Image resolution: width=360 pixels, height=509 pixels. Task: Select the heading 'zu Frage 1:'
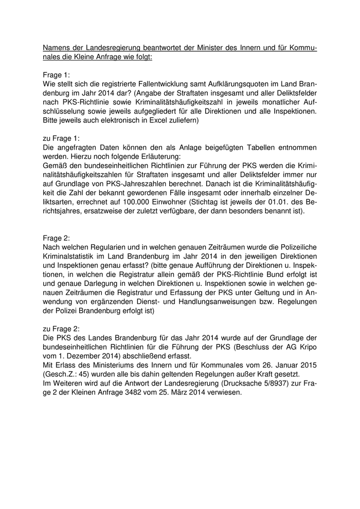(x=62, y=138)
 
